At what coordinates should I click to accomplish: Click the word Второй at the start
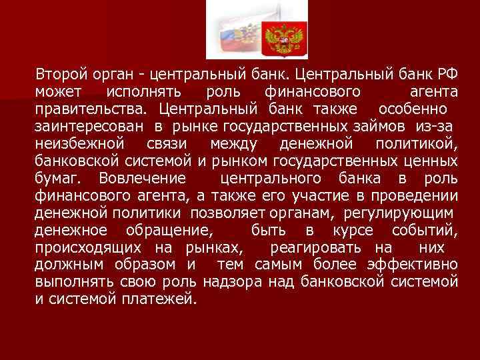coord(58,73)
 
